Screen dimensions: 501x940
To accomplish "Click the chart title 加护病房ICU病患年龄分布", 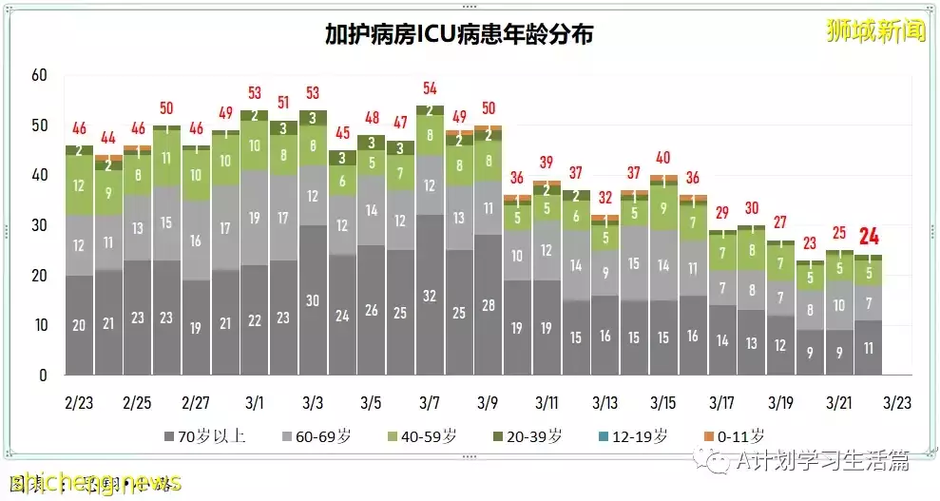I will (458, 34).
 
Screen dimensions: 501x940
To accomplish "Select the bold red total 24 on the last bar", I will (868, 237).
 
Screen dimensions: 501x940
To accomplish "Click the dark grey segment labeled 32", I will (431, 296).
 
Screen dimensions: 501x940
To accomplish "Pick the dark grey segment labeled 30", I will (313, 300).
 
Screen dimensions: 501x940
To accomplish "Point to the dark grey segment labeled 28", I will (489, 305).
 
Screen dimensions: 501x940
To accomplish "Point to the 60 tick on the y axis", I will (39, 75).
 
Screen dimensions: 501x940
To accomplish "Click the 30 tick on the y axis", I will (39, 225).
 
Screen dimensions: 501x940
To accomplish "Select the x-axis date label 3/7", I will (431, 402).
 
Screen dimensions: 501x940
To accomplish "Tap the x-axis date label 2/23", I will (79, 402).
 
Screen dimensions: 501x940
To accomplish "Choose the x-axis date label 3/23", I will (897, 402).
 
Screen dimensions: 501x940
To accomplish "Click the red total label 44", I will (108, 137).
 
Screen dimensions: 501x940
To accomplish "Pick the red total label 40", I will (663, 158).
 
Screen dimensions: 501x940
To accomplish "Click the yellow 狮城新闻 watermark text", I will (874, 29).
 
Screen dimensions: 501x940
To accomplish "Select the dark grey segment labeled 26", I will (372, 311).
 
